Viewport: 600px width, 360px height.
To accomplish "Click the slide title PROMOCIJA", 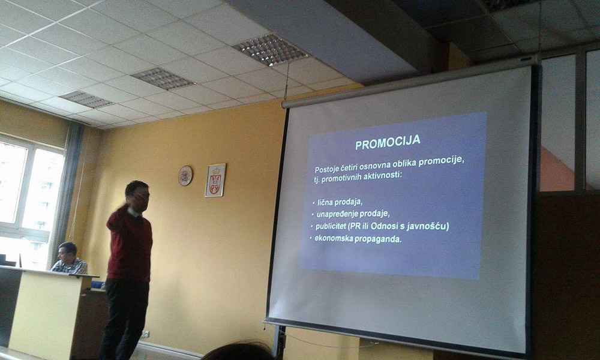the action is coord(388,142).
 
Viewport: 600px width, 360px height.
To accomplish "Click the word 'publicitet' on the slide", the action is coord(331,226).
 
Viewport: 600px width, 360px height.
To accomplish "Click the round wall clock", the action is coord(185,176).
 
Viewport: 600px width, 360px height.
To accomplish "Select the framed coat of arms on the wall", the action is coord(215,180).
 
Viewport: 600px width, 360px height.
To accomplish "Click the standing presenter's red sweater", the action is coord(130,244).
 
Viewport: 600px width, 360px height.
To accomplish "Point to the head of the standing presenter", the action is coord(137,196).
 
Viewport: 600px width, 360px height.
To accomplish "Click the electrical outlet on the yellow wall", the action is coord(145,334).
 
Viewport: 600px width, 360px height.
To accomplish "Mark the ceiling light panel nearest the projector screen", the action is coord(270,49).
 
